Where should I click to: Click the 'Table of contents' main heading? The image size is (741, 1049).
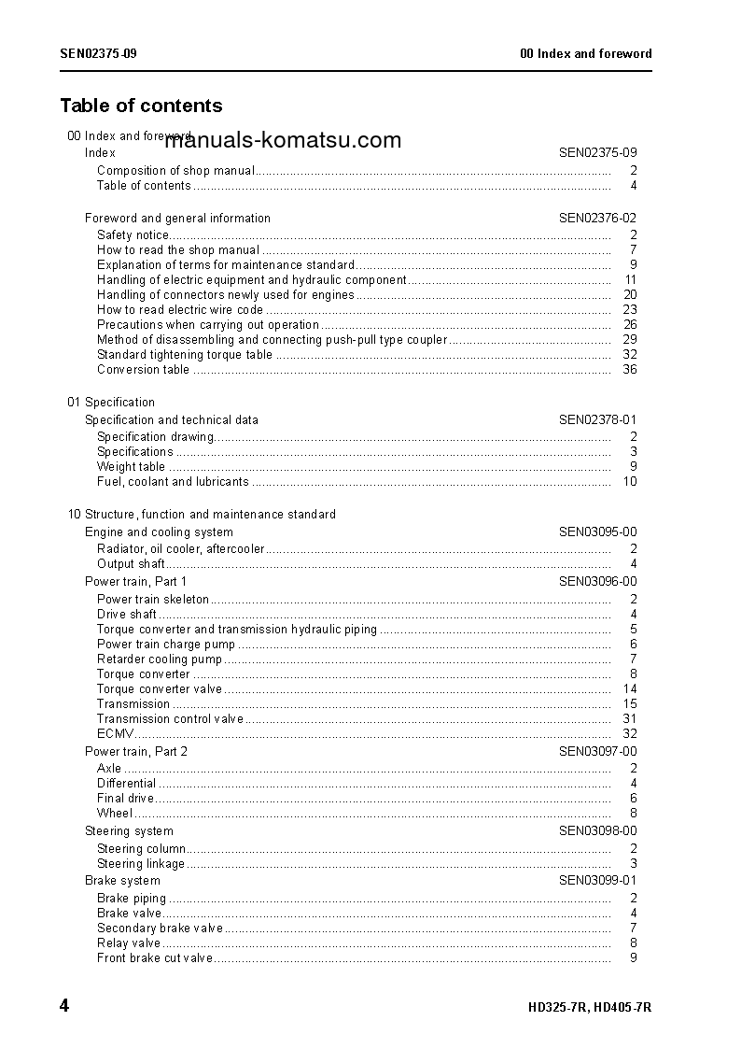(141, 106)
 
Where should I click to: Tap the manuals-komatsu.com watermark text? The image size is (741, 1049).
(283, 141)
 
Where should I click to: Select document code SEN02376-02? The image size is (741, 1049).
(597, 218)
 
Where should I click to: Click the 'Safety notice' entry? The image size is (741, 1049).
(133, 234)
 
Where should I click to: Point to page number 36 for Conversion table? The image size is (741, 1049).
(630, 369)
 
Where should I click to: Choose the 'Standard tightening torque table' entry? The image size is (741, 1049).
(185, 354)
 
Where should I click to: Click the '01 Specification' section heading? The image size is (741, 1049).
(111, 402)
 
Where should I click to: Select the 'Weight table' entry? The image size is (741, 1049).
(131, 466)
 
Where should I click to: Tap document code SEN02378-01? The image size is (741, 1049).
(597, 419)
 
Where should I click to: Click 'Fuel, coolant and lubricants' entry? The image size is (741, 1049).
(173, 481)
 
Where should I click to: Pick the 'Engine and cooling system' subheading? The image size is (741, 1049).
(159, 532)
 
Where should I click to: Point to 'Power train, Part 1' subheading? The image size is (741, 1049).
(135, 581)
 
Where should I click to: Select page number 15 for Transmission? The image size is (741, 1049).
(630, 703)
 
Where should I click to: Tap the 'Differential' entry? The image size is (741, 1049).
(126, 783)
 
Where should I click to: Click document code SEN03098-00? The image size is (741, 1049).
(597, 830)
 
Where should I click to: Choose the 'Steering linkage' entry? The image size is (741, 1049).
(141, 863)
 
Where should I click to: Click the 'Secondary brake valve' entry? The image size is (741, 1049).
(160, 928)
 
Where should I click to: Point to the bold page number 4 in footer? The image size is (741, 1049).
(63, 1006)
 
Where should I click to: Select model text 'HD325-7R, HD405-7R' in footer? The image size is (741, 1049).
(589, 1008)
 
